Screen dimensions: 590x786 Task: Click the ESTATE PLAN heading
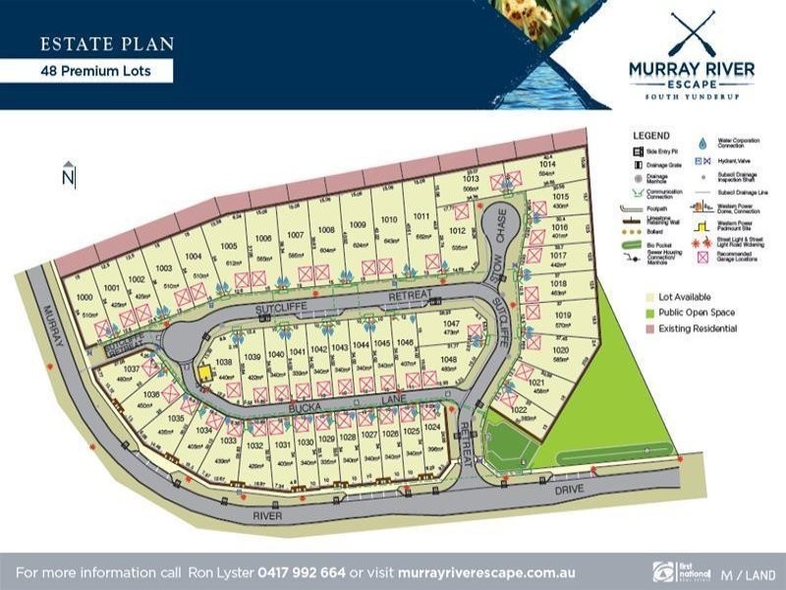coord(107,43)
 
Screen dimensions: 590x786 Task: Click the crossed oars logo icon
coord(692,33)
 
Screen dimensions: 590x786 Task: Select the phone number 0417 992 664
coord(302,571)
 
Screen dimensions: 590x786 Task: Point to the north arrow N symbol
coord(68,177)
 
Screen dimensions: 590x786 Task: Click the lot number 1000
coord(84,297)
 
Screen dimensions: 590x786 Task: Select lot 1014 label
coord(548,164)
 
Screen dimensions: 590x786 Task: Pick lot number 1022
coord(521,408)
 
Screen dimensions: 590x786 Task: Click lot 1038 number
coord(223,361)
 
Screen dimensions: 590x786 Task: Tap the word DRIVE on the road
coord(568,489)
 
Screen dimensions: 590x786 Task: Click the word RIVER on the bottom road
coord(266,514)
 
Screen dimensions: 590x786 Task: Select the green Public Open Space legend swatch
coord(638,313)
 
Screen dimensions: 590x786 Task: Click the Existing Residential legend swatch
coord(638,328)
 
